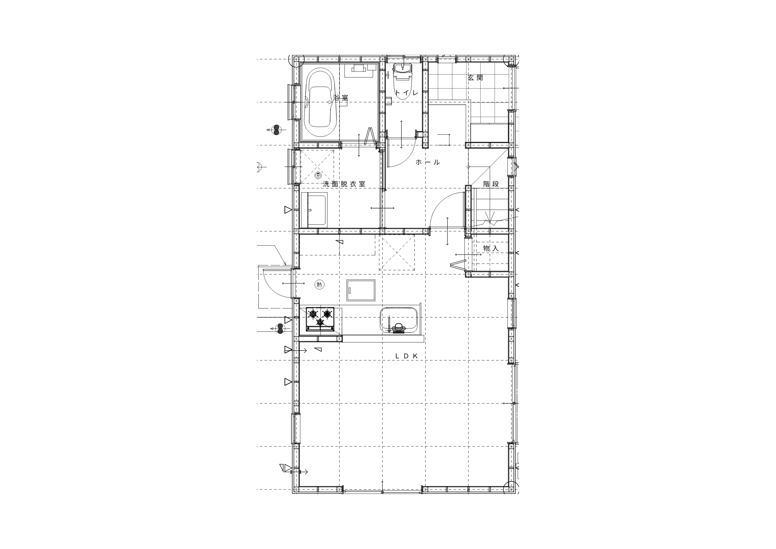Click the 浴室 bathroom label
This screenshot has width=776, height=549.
coord(340,98)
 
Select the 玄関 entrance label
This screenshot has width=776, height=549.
coord(475,78)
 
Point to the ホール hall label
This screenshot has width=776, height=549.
coord(428,162)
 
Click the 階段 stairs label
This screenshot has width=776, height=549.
coord(491,184)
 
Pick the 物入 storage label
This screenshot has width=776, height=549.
coord(491,248)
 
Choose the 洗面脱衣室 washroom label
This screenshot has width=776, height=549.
coord(344,184)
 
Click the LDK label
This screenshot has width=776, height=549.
coord(406,356)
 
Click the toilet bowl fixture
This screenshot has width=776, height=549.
coord(403,82)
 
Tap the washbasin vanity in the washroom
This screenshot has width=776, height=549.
coord(314,210)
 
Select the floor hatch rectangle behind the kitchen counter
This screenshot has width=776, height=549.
coord(361,290)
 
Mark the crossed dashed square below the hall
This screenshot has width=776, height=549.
coord(397,252)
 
